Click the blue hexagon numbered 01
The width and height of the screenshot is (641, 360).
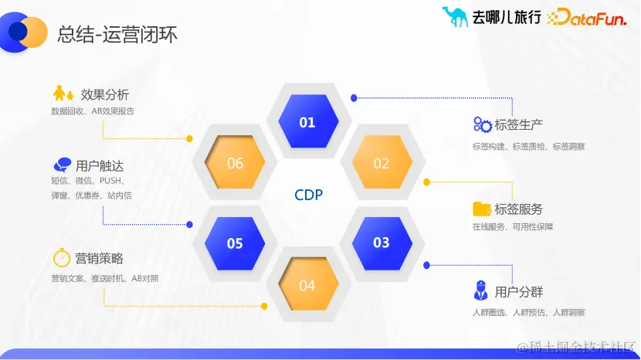307,122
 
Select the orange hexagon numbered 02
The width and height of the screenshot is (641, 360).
382,164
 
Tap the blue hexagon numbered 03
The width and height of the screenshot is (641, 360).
382,243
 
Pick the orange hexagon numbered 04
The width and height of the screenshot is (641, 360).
307,285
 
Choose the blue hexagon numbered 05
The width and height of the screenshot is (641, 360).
235,243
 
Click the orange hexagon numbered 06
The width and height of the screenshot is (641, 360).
235,164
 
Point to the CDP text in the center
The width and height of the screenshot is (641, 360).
308,195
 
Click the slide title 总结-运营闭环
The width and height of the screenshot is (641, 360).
117,35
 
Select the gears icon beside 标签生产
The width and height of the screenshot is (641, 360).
482,124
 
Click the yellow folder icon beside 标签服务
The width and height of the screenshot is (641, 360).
482,209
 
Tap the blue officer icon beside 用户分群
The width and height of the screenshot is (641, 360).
480,290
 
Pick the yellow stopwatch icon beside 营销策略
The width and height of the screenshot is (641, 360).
62,257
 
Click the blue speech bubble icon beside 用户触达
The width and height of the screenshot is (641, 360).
63,165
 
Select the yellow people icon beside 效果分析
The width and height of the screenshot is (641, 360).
63,94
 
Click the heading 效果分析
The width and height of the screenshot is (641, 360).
105,95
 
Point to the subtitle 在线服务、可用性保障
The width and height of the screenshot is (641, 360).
513,227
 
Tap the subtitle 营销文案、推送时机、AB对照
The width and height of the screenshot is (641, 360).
105,278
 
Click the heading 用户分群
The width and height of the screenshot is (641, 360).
519,292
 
